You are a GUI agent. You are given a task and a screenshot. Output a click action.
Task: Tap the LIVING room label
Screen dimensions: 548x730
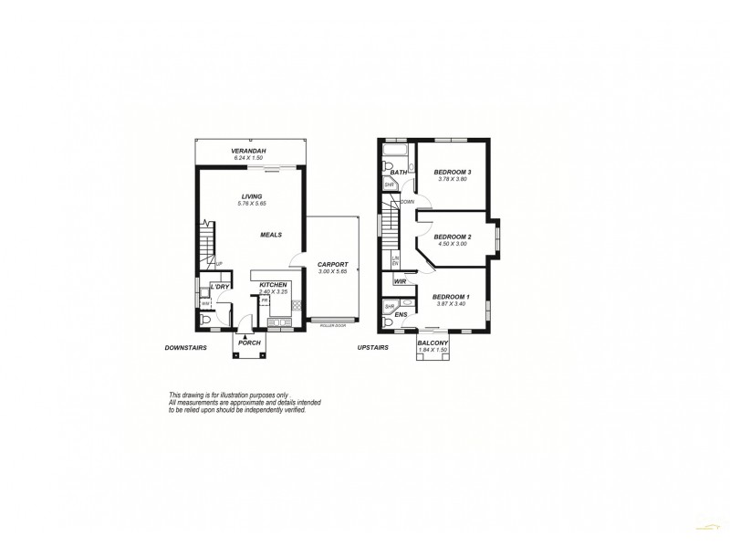252,195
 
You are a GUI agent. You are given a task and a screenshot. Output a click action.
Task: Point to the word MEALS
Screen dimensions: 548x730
271,235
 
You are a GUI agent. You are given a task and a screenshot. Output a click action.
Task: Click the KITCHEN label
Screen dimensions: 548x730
274,285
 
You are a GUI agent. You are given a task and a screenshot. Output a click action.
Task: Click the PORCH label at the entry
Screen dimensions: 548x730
250,342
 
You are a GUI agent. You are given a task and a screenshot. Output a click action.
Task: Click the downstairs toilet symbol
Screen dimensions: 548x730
207,321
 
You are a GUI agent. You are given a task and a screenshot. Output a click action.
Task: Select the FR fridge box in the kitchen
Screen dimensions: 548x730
264,300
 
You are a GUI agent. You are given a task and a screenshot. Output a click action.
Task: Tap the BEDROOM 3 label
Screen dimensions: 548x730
452,173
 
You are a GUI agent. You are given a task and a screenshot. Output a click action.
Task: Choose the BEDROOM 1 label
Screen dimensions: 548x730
451,298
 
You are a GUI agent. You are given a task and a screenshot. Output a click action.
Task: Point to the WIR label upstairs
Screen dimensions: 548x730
400,283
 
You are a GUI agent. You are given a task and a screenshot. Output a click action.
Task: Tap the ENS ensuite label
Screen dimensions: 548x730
400,315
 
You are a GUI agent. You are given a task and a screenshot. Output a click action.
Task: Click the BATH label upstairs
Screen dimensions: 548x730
398,172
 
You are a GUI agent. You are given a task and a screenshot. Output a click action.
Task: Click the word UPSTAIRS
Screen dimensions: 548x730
373,348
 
